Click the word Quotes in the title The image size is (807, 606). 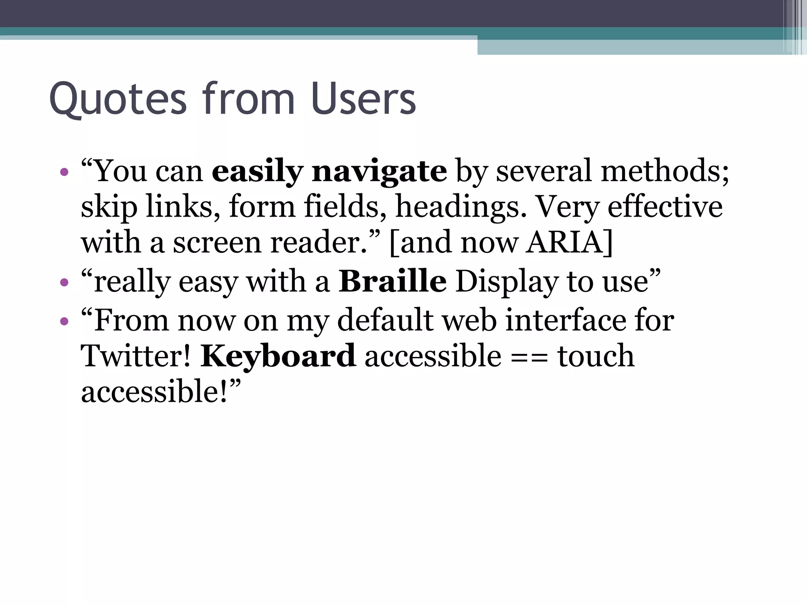[117, 99]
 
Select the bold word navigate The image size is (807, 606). [379, 172]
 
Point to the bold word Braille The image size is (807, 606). [392, 282]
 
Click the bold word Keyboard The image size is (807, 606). [278, 356]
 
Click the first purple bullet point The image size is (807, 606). [64, 172]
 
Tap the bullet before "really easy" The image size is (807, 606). [64, 282]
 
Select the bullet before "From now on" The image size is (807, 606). [64, 321]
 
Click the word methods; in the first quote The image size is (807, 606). [664, 171]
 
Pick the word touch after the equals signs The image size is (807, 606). [595, 356]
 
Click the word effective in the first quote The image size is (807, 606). [665, 207]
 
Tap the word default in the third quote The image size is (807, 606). [385, 320]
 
